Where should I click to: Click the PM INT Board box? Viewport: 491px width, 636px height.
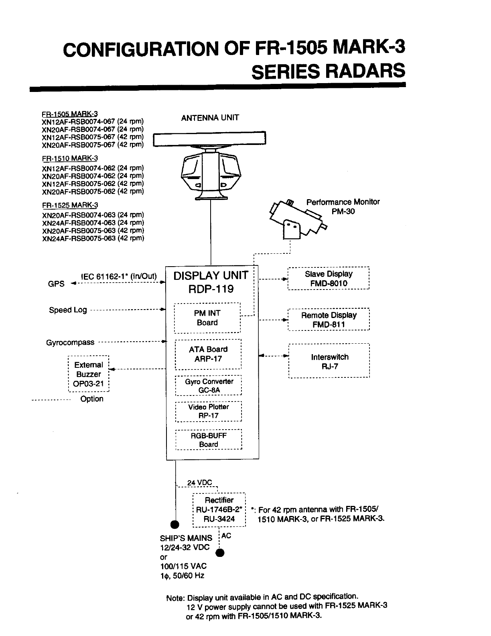pos(207,318)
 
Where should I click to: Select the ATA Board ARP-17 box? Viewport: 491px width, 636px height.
pos(208,354)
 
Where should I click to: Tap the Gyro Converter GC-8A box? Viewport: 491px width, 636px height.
pos(209,385)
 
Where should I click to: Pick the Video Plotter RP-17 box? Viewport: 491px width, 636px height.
pos(209,411)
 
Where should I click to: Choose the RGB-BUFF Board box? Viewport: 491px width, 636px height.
pos(209,440)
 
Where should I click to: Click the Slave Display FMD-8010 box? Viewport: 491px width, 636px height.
pos(329,278)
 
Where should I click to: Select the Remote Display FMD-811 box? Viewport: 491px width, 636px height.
pos(329,320)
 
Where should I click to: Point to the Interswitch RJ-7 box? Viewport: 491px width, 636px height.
pos(329,361)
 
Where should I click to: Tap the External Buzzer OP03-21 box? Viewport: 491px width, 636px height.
pos(89,374)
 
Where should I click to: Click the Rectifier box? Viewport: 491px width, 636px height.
pos(219,510)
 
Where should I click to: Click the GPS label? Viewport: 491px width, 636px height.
pos(56,284)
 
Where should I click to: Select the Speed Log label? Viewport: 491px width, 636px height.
pos(68,310)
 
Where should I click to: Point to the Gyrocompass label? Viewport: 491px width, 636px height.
pos(70,342)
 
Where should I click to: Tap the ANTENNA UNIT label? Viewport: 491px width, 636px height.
pos(210,118)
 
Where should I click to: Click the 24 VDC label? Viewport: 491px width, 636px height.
pos(199,483)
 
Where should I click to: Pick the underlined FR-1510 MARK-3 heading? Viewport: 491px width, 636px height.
pos(70,158)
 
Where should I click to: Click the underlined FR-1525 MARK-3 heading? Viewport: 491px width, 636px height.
pos(70,205)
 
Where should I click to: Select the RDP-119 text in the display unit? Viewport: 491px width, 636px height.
pos(211,289)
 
